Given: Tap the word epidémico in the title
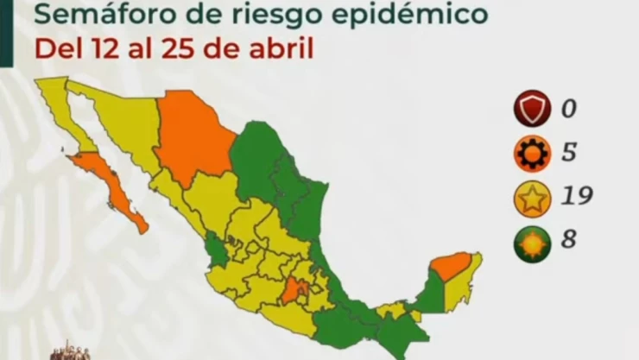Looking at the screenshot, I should point(415,15).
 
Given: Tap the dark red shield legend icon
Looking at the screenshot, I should point(533,110).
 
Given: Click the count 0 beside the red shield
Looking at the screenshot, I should point(567,110).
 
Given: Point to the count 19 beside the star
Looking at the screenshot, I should point(575,198).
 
